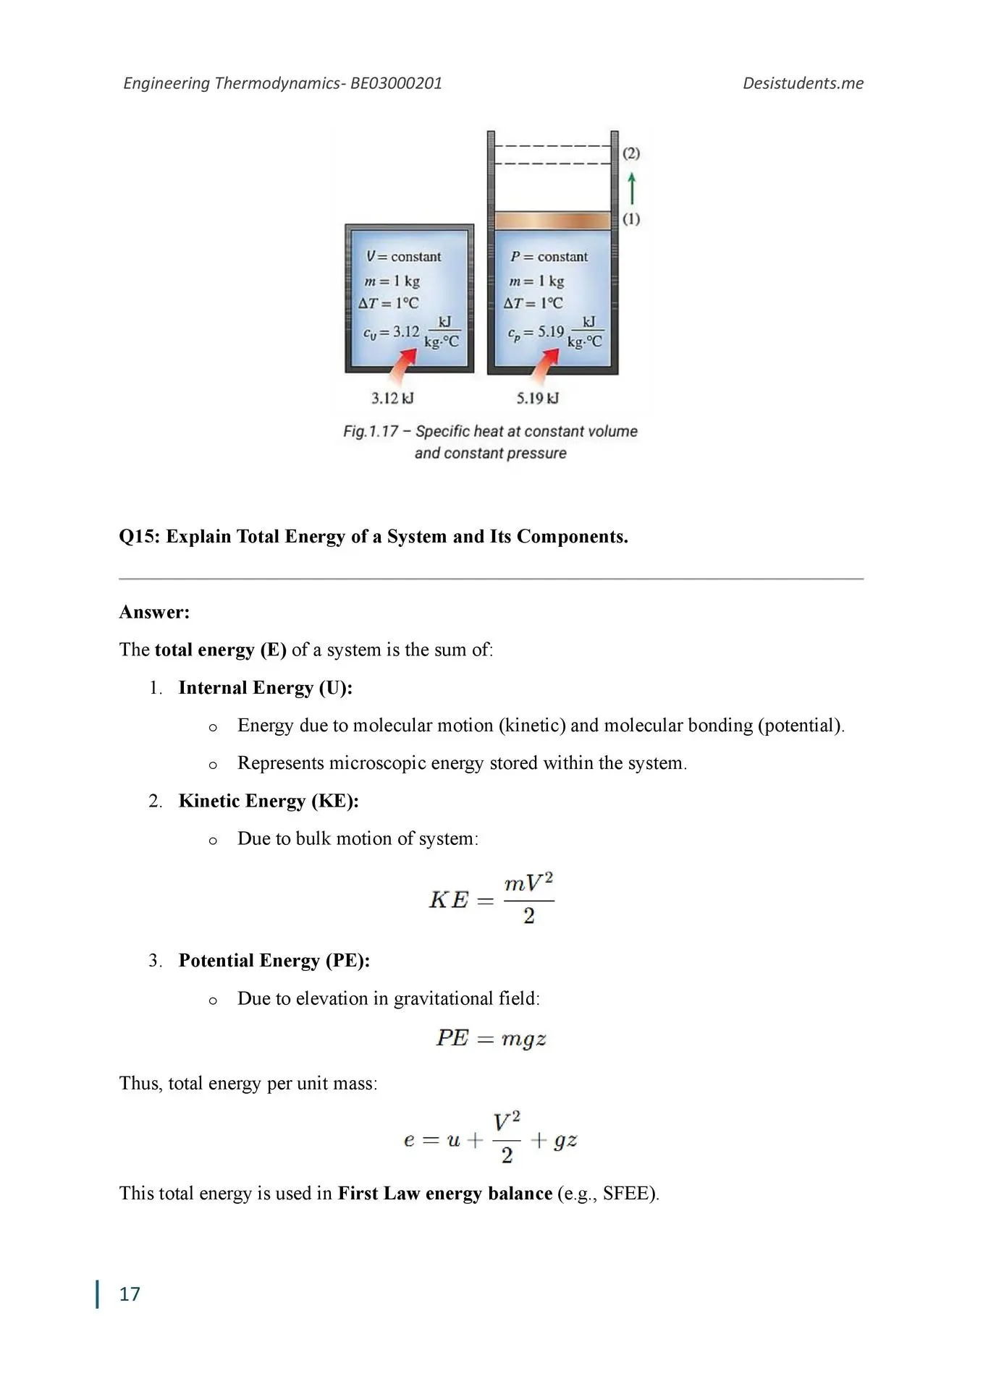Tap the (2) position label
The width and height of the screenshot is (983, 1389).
click(x=631, y=153)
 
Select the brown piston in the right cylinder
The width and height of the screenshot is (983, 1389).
click(x=552, y=220)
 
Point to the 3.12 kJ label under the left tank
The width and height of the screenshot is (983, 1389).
click(x=392, y=398)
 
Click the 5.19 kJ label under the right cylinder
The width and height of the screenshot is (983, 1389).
click(x=538, y=398)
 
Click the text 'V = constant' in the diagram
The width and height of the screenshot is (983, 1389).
click(x=403, y=257)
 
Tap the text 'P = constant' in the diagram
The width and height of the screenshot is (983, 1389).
click(x=549, y=257)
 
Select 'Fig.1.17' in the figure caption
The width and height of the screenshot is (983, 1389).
click(x=371, y=432)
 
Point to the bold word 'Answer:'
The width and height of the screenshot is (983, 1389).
click(x=154, y=613)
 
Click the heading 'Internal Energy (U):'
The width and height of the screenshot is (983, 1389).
click(x=266, y=688)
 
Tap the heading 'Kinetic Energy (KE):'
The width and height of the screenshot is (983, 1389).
click(x=269, y=802)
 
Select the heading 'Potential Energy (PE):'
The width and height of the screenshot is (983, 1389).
click(x=274, y=961)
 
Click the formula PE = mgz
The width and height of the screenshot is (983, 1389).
click(x=491, y=1039)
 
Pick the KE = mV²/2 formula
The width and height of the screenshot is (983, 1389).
click(x=491, y=900)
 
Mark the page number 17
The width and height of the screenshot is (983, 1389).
click(x=130, y=1294)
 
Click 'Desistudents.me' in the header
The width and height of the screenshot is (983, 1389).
click(x=803, y=83)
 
